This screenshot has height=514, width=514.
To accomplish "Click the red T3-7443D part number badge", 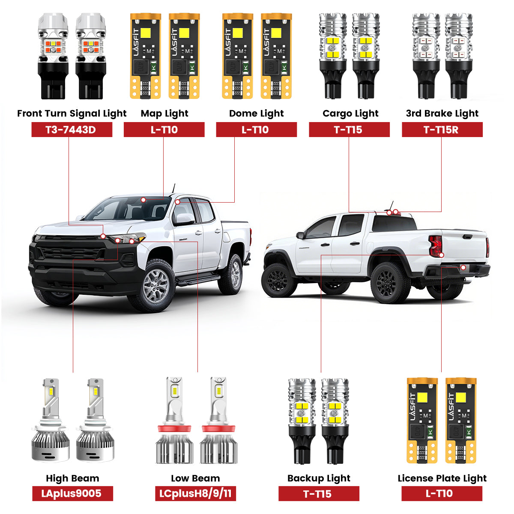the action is tap(72, 130).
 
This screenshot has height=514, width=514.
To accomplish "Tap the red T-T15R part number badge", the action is tap(442, 130).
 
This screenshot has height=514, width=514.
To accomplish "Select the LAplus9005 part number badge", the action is tap(72, 493).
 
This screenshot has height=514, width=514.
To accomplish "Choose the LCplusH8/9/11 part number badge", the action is tap(195, 493).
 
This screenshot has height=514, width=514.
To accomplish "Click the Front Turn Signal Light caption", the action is tap(72, 114).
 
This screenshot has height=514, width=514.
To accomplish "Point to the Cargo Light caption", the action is tap(350, 114).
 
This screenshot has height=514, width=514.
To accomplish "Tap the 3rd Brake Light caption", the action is tap(442, 114).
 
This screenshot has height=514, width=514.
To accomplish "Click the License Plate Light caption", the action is tap(442, 478).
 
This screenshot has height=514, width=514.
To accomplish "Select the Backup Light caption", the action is tap(319, 478).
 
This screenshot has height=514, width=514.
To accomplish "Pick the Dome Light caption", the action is tap(256, 114).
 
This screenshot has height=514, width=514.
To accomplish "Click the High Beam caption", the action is tap(72, 478).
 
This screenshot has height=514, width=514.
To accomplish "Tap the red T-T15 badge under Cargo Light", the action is tap(349, 130).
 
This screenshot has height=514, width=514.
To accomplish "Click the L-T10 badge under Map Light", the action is tap(164, 130).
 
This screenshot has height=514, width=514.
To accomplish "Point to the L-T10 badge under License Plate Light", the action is tap(442, 493).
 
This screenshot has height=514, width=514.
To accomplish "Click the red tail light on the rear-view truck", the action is tap(435, 246).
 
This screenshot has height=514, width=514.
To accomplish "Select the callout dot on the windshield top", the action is tap(143, 200).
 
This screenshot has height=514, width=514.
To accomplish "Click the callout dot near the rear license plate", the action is tap(463, 267).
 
